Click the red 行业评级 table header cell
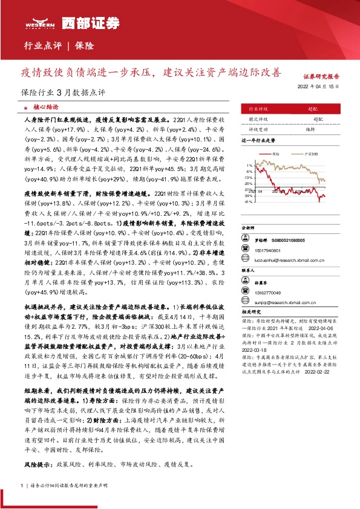click(267, 108)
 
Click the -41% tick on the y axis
click(248, 201)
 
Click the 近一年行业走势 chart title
click(258, 140)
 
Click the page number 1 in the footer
click(22, 485)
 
